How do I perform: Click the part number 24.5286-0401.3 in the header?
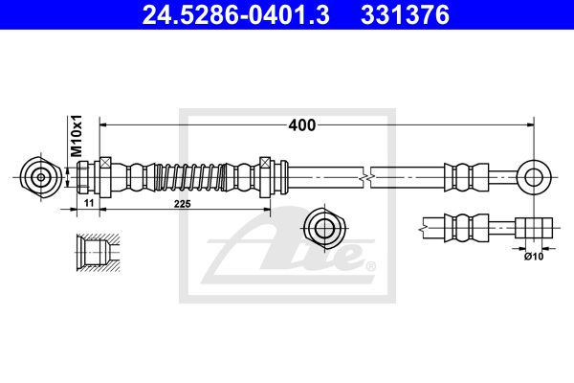[235, 15]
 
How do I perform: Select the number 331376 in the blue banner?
[405, 15]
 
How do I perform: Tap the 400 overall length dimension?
[302, 125]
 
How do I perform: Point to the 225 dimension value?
[183, 204]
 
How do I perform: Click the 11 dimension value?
[89, 203]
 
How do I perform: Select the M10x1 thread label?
[77, 136]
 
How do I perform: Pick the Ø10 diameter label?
[534, 257]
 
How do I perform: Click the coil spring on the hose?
[189, 177]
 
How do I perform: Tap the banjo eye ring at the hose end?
[534, 178]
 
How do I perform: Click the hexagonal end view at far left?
[40, 178]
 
